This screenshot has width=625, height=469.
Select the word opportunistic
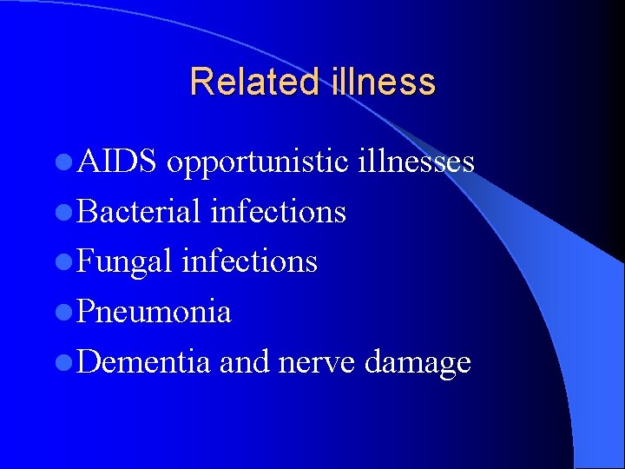pyautogui.click(x=257, y=162)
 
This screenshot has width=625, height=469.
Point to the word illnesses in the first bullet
pyautogui.click(x=416, y=161)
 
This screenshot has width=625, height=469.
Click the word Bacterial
pyautogui.click(x=138, y=211)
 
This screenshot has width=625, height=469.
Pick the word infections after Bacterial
pyautogui.click(x=278, y=211)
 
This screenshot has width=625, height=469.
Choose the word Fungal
pyautogui.click(x=124, y=261)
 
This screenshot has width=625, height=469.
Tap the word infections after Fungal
pyautogui.click(x=249, y=261)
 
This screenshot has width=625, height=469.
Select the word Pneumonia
pyautogui.click(x=154, y=311)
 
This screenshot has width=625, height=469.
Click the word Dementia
pyautogui.click(x=143, y=361)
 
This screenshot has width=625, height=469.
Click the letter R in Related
pyautogui.click(x=200, y=82)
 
